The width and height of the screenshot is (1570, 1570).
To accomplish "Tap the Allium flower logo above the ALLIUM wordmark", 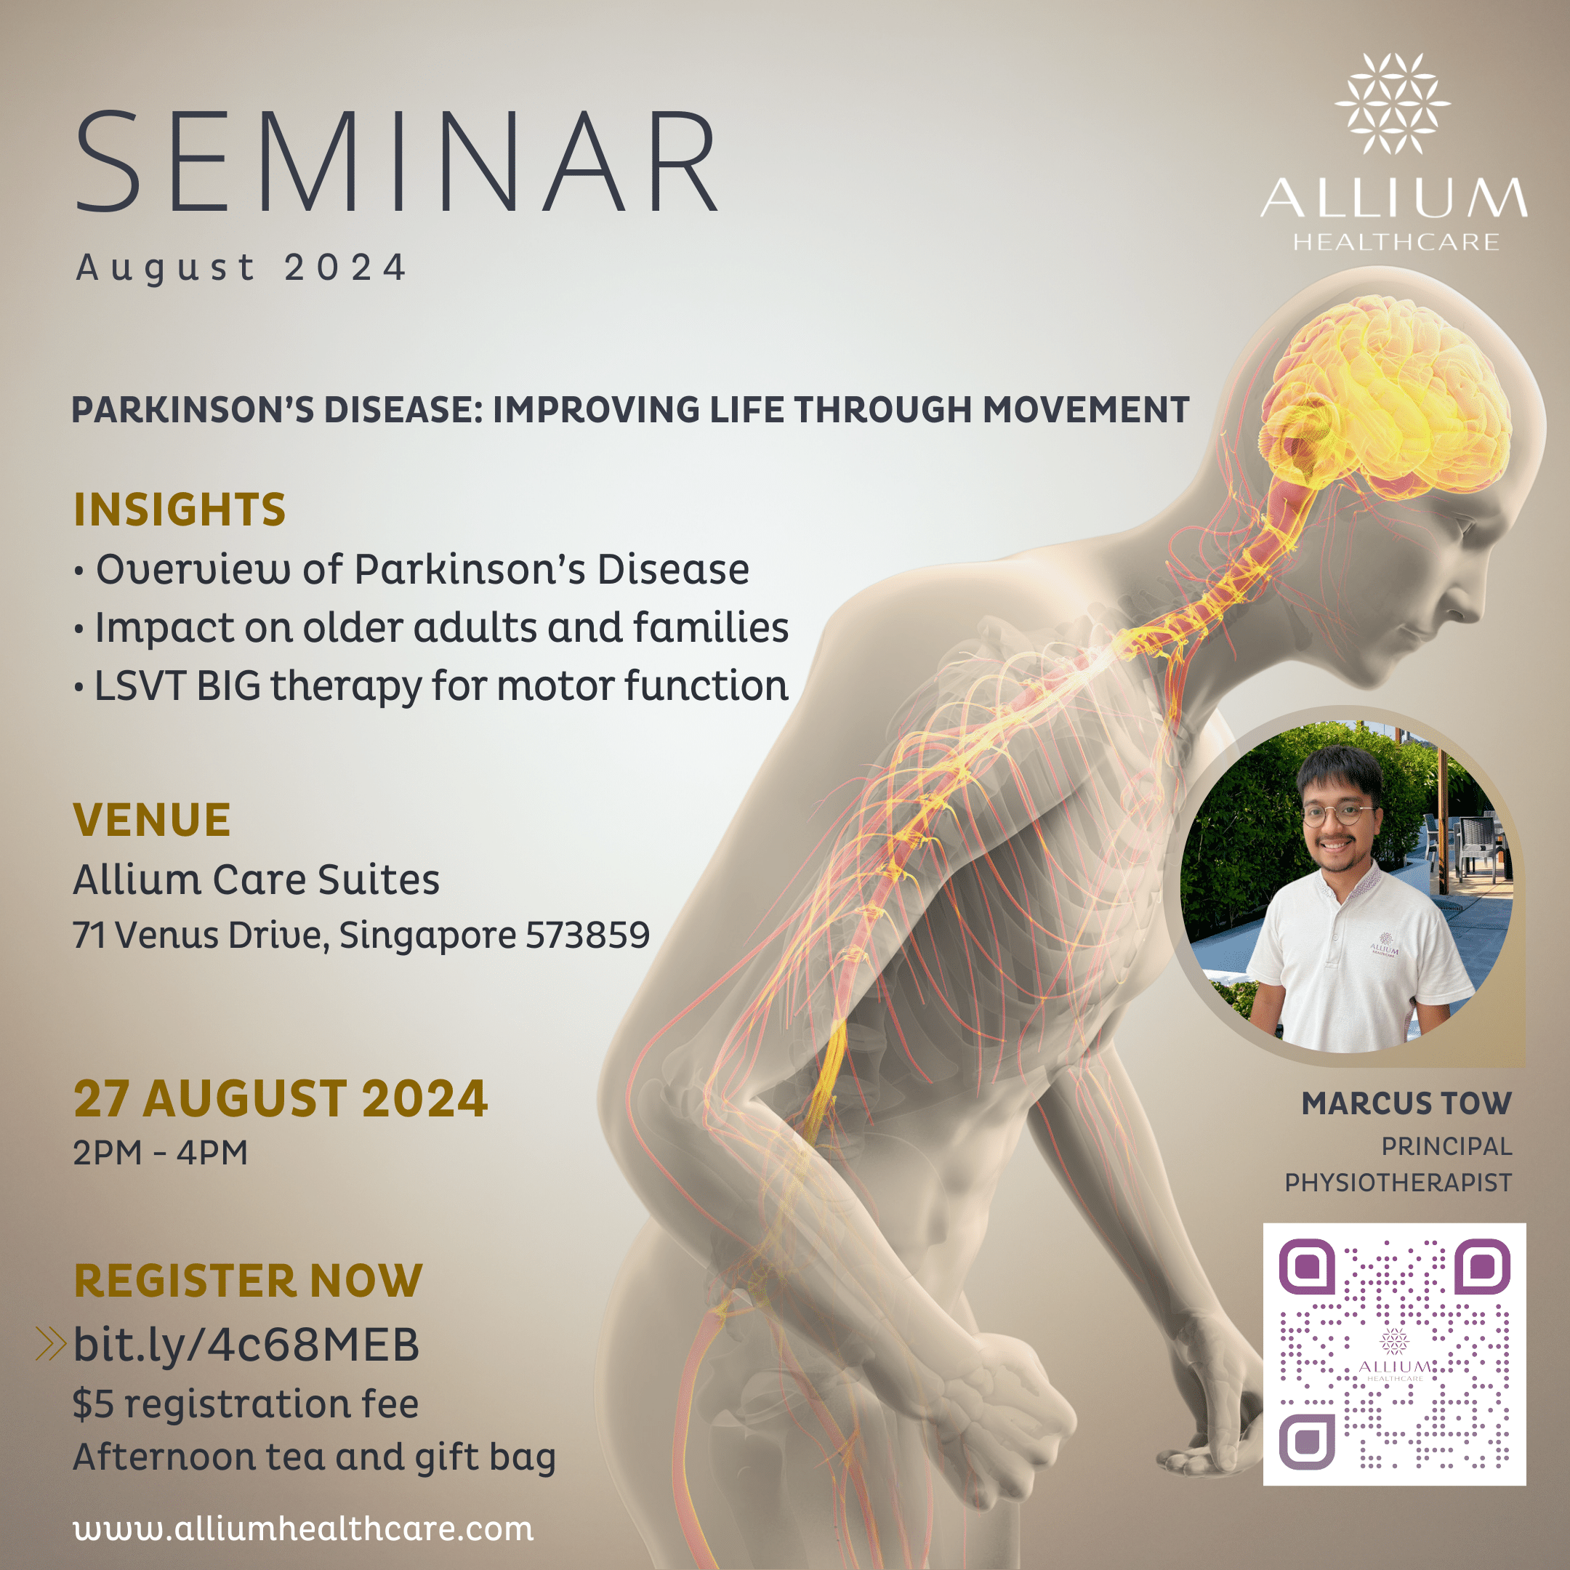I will [1392, 104].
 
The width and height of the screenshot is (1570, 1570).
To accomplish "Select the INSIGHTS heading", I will [180, 510].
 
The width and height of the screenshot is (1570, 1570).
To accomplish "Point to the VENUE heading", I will [152, 819].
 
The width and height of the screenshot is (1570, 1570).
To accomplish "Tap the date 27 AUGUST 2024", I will [281, 1099].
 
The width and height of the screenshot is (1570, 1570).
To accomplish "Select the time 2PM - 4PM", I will [160, 1152].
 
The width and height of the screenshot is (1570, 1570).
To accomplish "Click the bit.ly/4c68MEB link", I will [246, 1345].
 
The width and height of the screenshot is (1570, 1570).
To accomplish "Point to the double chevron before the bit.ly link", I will [50, 1344].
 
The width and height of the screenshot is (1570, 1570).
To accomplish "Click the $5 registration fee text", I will [246, 1404].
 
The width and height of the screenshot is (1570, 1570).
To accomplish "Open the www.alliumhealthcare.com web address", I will [303, 1529].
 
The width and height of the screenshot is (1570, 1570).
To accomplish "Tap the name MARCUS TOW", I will [1406, 1103].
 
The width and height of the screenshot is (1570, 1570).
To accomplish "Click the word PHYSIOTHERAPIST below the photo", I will [1398, 1183].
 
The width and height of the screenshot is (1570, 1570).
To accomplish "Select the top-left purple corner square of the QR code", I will [1306, 1266].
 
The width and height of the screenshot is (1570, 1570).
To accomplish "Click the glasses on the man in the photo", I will [1338, 813].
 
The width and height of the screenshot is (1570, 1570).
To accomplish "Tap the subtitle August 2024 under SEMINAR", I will [241, 267].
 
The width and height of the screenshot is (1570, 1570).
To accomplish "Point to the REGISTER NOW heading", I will [248, 1281].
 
